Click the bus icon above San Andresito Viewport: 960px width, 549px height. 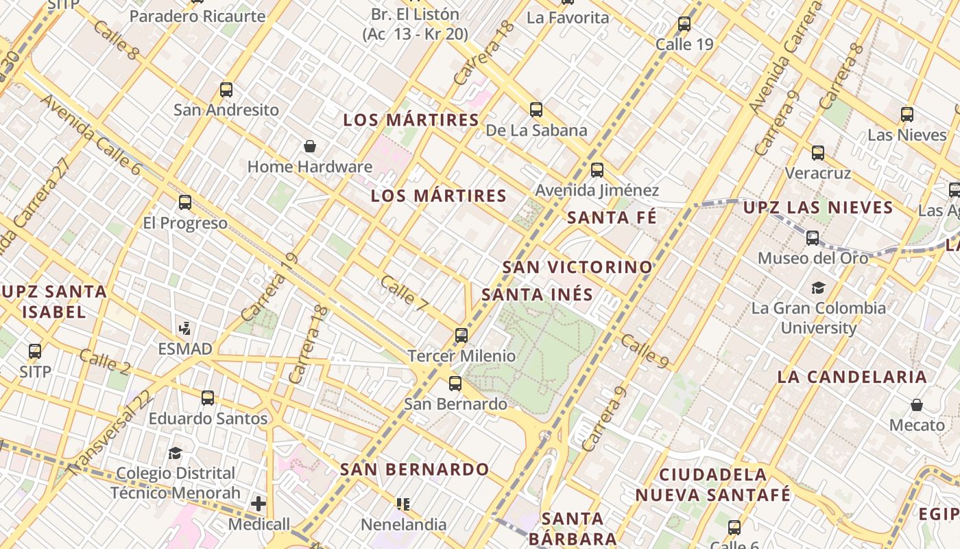[226, 90]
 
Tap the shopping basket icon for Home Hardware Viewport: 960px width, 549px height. [310, 146]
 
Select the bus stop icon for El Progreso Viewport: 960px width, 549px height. [185, 202]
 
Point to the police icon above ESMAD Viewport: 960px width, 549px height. [184, 328]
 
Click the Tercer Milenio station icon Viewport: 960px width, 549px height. [461, 336]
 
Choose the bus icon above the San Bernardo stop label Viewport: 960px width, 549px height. [455, 384]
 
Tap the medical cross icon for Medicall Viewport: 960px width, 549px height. [259, 504]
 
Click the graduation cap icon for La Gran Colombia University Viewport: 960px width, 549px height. [818, 288]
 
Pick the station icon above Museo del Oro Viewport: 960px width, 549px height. [813, 238]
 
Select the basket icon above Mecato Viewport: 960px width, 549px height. [917, 405]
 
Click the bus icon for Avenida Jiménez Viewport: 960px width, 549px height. [597, 170]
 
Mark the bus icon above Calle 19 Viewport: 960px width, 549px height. [684, 24]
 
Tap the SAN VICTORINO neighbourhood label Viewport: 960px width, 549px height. [577, 267]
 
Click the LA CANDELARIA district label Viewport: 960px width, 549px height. [852, 377]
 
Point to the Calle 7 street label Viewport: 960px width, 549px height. [407, 290]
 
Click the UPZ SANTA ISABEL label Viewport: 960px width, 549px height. [54, 301]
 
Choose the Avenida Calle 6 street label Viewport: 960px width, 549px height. [90, 135]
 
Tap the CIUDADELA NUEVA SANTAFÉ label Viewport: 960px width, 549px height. [713, 484]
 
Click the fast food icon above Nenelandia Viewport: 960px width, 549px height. [404, 504]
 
